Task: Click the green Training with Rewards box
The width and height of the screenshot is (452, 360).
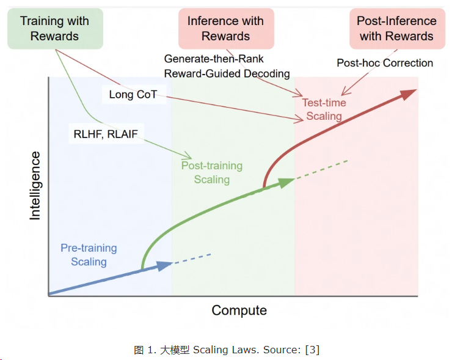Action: point(55,29)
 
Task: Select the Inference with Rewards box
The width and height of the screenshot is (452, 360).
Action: point(226,29)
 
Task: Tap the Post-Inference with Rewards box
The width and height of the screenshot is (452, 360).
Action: point(397,29)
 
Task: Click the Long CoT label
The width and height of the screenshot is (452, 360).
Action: point(133,94)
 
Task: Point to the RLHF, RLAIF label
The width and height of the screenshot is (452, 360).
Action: point(106,134)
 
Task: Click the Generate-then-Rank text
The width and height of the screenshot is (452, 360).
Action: point(214,59)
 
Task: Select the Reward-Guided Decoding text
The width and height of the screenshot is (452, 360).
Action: point(227,73)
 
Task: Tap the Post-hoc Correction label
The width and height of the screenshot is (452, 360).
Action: point(385,63)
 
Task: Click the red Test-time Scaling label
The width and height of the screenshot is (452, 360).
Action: point(324,109)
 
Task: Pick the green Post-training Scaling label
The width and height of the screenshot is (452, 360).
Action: point(212,172)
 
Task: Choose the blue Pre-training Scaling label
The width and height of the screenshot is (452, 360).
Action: point(89,255)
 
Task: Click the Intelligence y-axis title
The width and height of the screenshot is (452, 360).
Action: point(35,185)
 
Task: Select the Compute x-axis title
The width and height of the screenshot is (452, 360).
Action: point(239,310)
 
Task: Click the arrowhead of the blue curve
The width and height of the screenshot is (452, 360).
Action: point(165,265)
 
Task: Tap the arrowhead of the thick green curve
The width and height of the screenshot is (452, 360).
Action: point(287,183)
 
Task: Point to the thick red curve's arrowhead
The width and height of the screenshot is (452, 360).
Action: point(408,94)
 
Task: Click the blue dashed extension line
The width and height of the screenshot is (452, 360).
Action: point(192,259)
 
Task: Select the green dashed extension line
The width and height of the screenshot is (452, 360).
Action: point(321,170)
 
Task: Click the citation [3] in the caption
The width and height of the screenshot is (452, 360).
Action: point(313,350)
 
